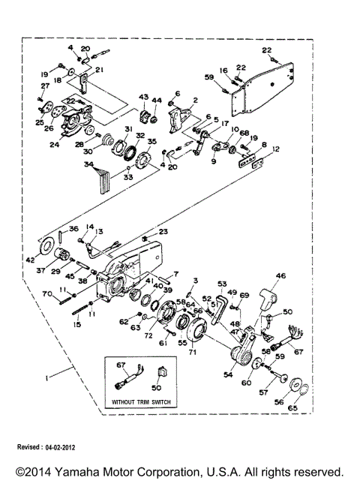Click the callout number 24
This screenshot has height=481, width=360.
(54, 145)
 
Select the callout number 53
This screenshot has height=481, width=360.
(222, 284)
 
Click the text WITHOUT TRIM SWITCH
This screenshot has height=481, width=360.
(142, 403)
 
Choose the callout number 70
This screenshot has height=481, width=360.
(46, 296)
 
